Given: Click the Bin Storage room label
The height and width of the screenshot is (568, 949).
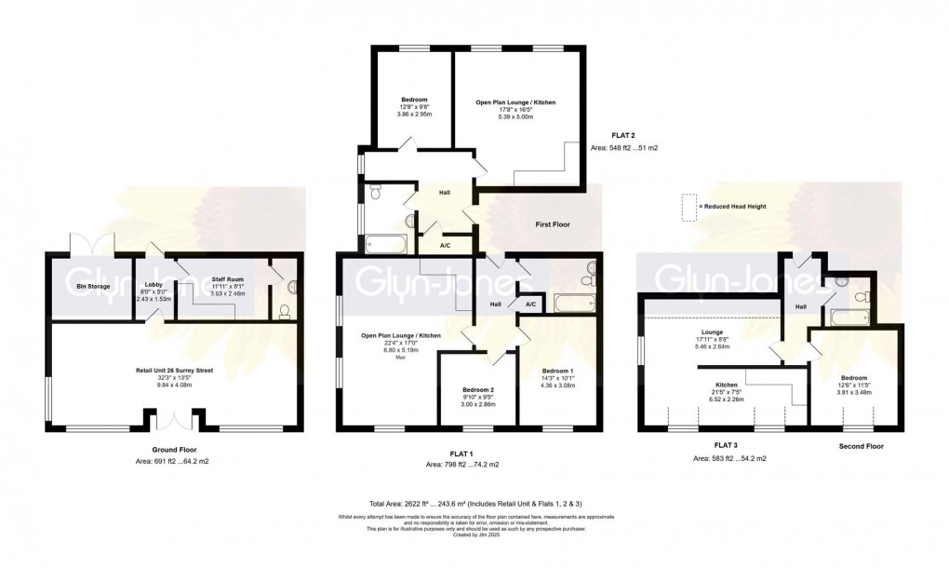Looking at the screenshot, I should pos(94,286).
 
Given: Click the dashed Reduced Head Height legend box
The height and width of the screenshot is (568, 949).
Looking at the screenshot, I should pos(688,207).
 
